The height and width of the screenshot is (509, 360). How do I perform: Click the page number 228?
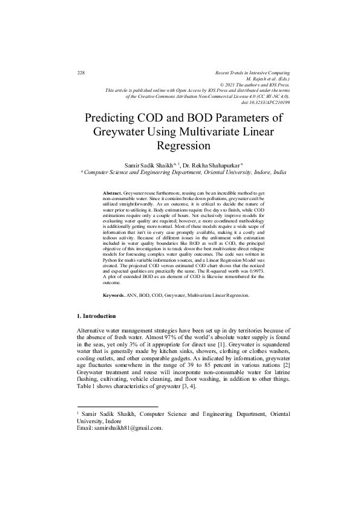tap(81, 73)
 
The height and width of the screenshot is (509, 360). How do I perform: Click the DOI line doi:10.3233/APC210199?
tap(266, 102)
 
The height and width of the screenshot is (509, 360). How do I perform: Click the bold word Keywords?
tap(113, 295)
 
